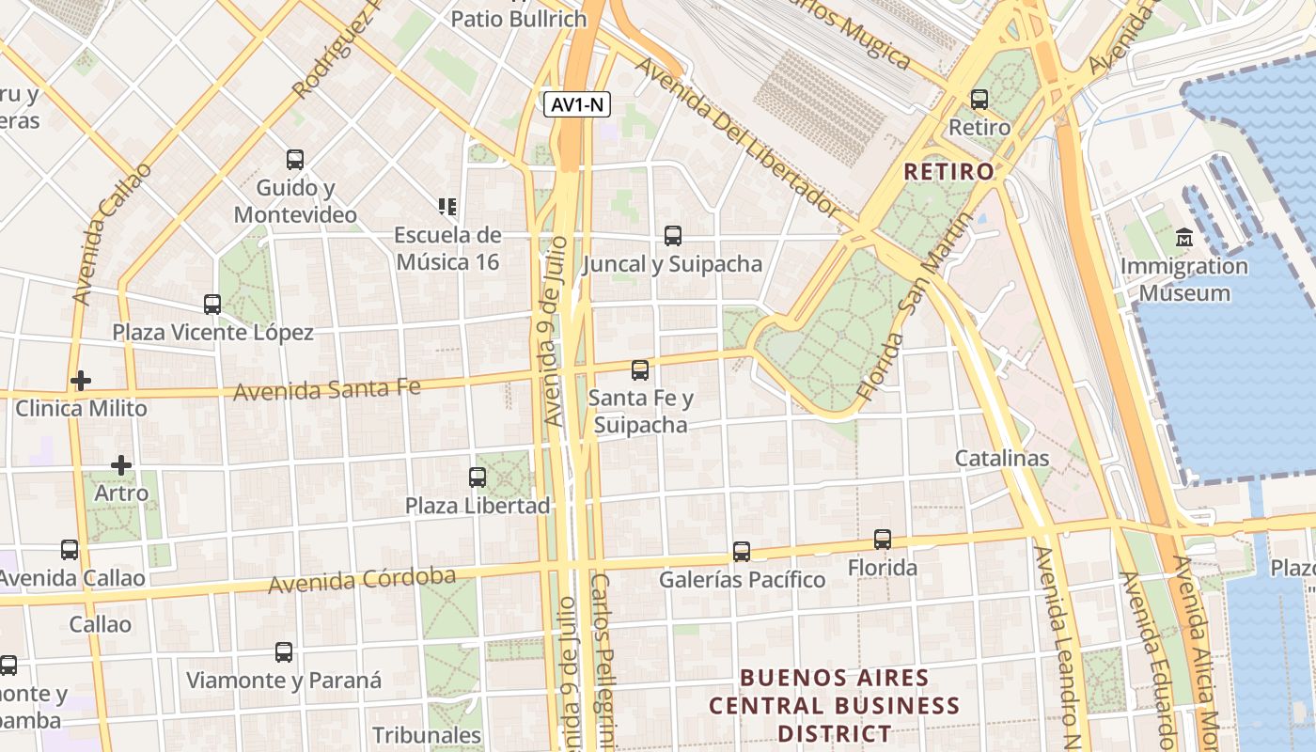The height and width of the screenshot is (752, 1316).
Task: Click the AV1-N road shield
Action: point(577,105)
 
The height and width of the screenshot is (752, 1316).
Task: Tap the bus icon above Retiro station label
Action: point(979,99)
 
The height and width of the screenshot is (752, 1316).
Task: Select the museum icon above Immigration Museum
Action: point(1183,237)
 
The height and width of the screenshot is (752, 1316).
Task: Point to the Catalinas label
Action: point(1001,459)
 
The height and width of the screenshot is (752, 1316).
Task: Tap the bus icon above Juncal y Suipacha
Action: point(673,236)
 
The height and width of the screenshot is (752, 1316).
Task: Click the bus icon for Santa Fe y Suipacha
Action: point(640,369)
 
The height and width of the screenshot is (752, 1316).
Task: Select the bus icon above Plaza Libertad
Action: point(478,478)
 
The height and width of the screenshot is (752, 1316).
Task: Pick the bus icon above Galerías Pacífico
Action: point(742,552)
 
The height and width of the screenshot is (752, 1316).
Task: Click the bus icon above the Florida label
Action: point(882,540)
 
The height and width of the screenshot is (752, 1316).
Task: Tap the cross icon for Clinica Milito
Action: point(81,381)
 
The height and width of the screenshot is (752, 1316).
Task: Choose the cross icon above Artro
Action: point(121,465)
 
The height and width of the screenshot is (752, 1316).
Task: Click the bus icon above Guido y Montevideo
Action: point(295,160)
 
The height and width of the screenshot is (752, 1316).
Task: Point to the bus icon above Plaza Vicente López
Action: point(212,305)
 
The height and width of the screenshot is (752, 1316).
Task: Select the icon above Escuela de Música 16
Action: point(447,206)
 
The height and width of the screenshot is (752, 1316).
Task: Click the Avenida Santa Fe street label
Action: point(327,388)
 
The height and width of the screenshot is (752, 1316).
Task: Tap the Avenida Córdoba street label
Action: point(362,580)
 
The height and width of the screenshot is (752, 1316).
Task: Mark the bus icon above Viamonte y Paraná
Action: point(284,652)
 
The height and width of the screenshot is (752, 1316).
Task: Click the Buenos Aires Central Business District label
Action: point(835,705)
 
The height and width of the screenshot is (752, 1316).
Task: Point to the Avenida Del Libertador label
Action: point(738,136)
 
